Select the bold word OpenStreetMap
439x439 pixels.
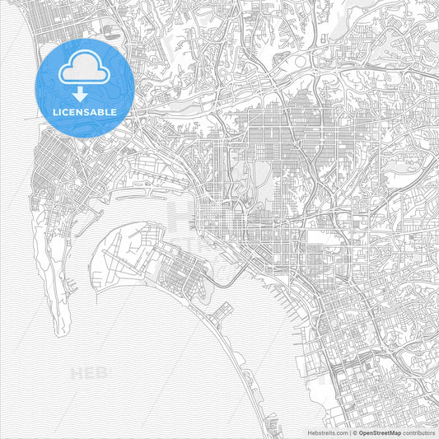click(x=382, y=432)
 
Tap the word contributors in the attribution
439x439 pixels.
click(x=420, y=432)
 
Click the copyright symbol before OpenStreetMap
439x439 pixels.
click(x=355, y=432)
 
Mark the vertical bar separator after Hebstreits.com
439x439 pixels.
click(x=349, y=432)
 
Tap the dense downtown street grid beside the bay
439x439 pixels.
click(x=216, y=218)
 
